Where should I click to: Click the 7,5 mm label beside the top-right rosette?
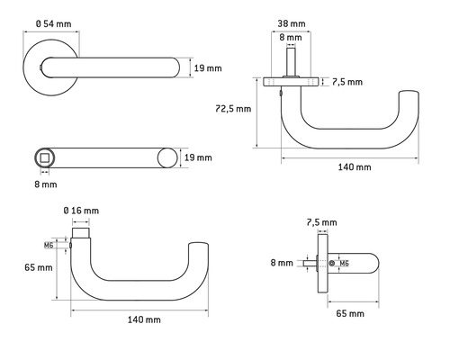click(x=346, y=81)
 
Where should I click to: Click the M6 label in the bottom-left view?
click(x=48, y=244)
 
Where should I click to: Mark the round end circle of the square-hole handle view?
click(x=166, y=158)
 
